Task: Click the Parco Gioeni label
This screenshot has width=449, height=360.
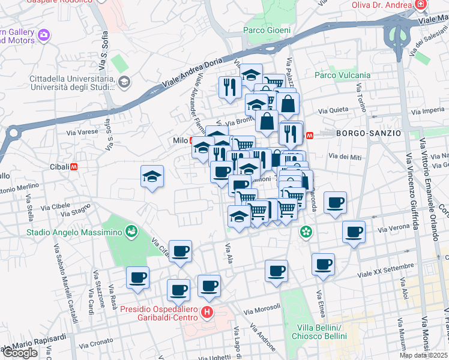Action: tap(267, 31)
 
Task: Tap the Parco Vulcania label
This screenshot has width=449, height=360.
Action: tap(342, 75)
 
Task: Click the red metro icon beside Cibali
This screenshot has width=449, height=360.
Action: tap(74, 166)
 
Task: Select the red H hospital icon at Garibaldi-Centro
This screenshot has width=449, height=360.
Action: tap(207, 313)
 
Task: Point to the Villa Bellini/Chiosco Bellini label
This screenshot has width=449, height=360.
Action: tap(321, 332)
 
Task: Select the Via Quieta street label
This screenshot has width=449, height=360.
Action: tap(333, 110)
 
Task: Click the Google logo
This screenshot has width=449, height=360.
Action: tap(20, 353)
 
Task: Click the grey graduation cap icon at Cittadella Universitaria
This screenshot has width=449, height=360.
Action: tap(124, 82)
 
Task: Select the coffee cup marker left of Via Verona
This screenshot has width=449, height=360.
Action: tap(354, 231)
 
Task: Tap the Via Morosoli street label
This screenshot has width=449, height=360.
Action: tap(263, 309)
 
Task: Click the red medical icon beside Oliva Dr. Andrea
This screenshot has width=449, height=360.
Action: tap(421, 5)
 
